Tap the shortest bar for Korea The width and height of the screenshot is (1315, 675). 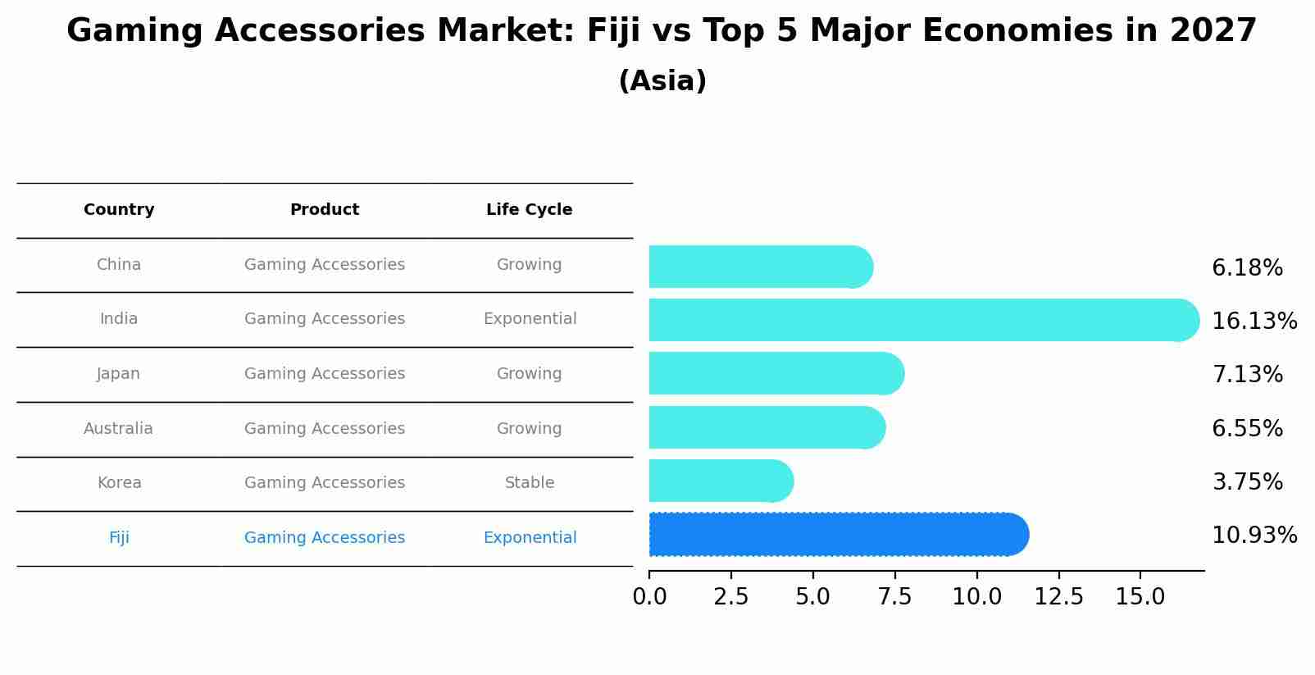(x=721, y=481)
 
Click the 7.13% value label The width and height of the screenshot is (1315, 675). (x=1247, y=375)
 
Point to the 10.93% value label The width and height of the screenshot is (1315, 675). (x=1254, y=536)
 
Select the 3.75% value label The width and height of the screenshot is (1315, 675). (x=1247, y=482)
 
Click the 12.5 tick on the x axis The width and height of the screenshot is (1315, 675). (x=1058, y=597)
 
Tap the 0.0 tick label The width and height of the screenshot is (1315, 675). (x=649, y=597)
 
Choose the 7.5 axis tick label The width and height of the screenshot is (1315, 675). (x=894, y=597)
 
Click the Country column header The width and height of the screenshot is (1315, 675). (x=119, y=210)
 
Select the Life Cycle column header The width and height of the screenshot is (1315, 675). (x=529, y=210)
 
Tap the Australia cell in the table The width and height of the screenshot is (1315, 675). (x=118, y=429)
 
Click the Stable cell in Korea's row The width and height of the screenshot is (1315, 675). (x=529, y=483)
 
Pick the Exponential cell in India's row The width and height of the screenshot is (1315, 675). (x=530, y=319)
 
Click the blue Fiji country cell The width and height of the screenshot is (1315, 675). (x=119, y=538)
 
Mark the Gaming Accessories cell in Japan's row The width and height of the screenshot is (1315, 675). (x=325, y=374)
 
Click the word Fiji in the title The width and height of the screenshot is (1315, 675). (x=612, y=31)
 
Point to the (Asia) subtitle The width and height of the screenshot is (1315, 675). (x=662, y=81)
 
